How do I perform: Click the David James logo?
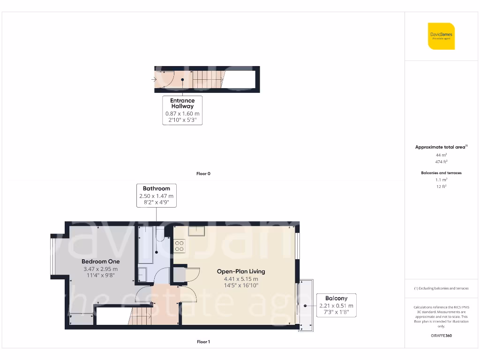tap(441, 36)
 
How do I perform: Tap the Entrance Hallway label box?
tap(182, 110)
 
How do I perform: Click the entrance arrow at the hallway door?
tap(155, 79)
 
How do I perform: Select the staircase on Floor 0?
tap(207, 79)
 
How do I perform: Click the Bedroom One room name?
tap(100, 262)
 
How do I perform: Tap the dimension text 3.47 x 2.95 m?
tap(100, 269)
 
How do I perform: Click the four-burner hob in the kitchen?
tap(180, 246)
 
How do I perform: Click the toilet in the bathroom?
tap(159, 234)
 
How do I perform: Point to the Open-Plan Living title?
tap(241, 271)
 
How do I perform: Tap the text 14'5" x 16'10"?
tap(241, 285)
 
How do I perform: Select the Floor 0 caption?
tap(203, 174)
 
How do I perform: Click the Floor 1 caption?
tap(203, 342)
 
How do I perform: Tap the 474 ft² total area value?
tap(441, 161)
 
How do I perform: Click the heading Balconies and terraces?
tap(441, 173)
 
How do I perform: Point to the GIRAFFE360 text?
tap(441, 336)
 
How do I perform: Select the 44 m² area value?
tap(441, 154)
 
